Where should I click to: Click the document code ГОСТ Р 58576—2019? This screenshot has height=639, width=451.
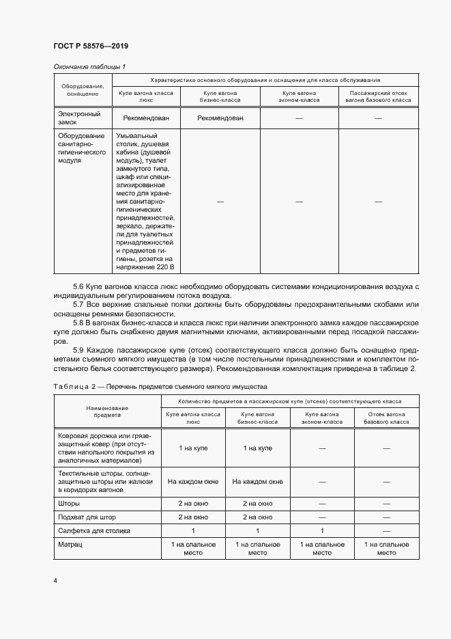coord(91,46)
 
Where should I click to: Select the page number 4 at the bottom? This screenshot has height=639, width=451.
coord(55,580)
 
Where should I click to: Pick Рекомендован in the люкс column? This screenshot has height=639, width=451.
coord(146,118)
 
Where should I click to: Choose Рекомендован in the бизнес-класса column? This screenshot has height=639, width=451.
coord(220,118)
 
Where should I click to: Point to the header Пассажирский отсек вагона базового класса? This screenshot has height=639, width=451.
coord(378,96)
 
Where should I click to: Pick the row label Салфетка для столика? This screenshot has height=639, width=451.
coord(94,530)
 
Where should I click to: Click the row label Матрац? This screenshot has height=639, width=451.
coord(69,544)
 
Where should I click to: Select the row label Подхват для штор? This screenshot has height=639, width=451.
coord(88,517)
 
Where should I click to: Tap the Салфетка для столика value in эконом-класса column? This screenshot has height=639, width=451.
coord(321,530)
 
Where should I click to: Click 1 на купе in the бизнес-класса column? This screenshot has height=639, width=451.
coord(257,448)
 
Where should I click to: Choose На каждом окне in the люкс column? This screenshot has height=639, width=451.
coord(193,482)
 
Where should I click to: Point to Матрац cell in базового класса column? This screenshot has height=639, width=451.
coord(386,548)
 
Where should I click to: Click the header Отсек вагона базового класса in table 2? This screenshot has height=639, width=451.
coord(386,418)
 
